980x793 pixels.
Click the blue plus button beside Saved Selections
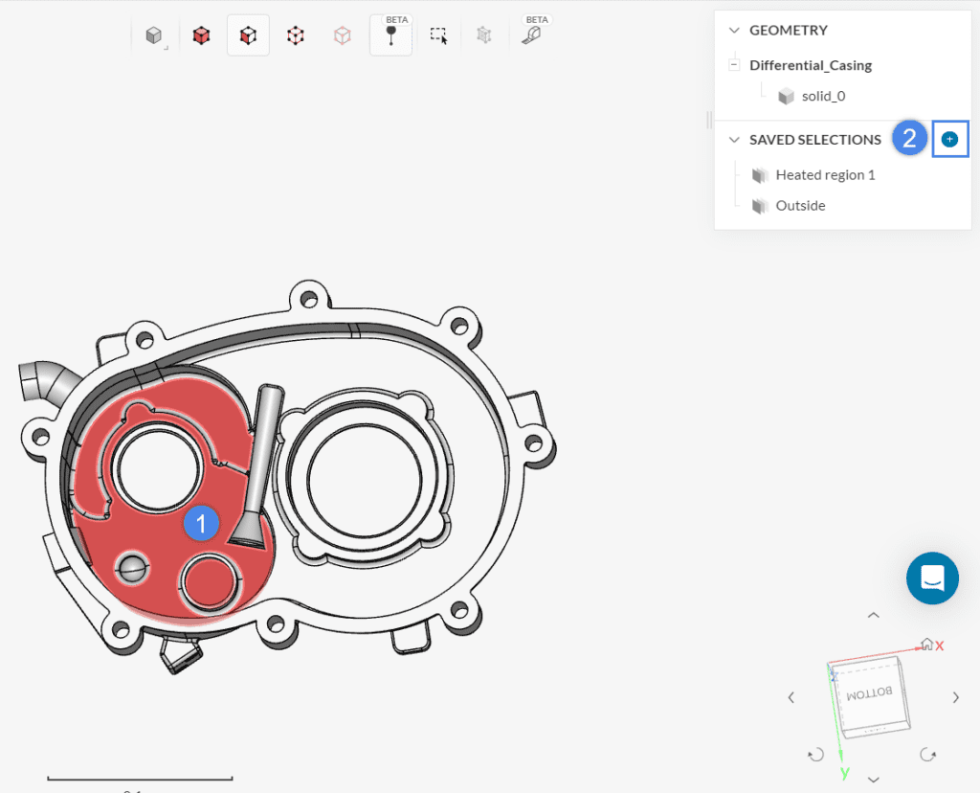pyautogui.click(x=949, y=140)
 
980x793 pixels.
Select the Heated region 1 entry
pyautogui.click(x=825, y=175)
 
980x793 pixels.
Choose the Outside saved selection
pyautogui.click(x=800, y=206)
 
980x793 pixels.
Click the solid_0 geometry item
pyautogui.click(x=823, y=96)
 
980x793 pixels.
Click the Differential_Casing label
pyautogui.click(x=810, y=65)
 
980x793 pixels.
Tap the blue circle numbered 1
pyautogui.click(x=202, y=523)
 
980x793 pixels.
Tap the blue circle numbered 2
pyautogui.click(x=910, y=139)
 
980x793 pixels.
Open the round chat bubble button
pyautogui.click(x=932, y=578)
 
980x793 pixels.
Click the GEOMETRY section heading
pyautogui.click(x=788, y=31)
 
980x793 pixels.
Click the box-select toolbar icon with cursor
pyautogui.click(x=438, y=36)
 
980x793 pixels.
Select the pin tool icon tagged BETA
pyautogui.click(x=390, y=35)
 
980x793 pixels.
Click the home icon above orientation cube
pyautogui.click(x=925, y=645)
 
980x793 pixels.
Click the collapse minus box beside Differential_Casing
pyautogui.click(x=734, y=65)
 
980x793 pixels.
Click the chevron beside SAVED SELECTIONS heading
pyautogui.click(x=734, y=140)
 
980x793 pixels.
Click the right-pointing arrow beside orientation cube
pyautogui.click(x=955, y=697)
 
